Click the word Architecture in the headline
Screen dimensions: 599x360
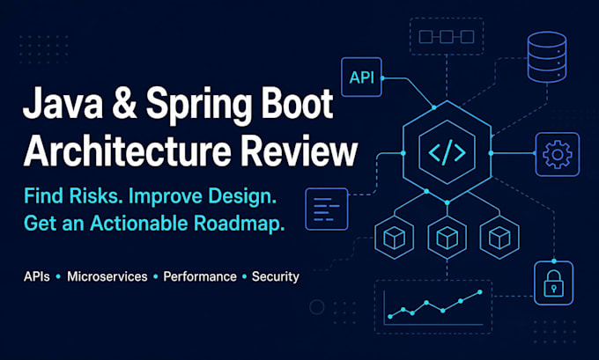click(x=128, y=150)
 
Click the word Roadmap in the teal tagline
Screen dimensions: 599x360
click(x=239, y=224)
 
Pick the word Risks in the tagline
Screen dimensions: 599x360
click(x=97, y=195)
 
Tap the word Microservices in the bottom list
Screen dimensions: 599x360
click(x=107, y=276)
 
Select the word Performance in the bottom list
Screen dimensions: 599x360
click(x=200, y=276)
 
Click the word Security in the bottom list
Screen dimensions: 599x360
click(x=276, y=277)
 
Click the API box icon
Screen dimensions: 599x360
click(x=361, y=77)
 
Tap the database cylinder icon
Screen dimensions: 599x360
click(x=547, y=57)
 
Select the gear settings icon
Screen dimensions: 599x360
click(x=558, y=154)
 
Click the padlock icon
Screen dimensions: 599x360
click(x=553, y=283)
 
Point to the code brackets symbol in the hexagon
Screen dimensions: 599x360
click(x=447, y=152)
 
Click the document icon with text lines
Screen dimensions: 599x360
click(x=327, y=209)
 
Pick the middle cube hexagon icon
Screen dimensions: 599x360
click(x=447, y=238)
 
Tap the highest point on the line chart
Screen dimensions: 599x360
click(x=480, y=292)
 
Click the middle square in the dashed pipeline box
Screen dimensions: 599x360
click(x=447, y=37)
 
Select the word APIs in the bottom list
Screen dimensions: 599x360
click(x=37, y=276)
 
